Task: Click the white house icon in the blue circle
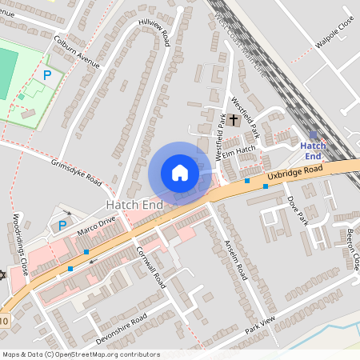(180, 173)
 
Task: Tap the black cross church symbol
(234, 120)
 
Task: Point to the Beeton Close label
(353, 250)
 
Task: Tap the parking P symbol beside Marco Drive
(62, 226)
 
